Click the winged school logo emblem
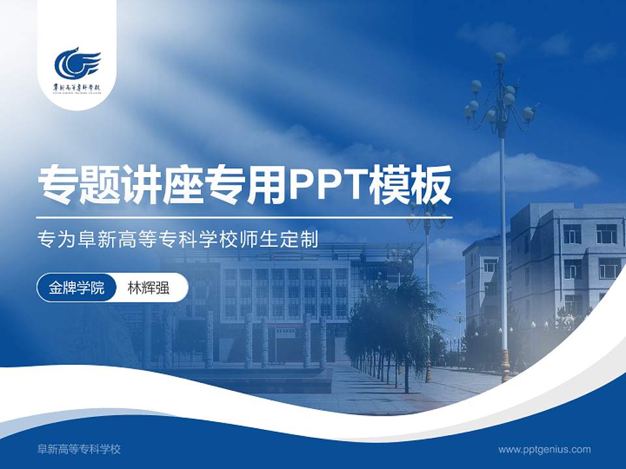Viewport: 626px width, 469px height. point(77,63)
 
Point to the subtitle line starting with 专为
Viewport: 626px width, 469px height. point(178,240)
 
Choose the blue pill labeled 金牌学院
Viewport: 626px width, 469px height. point(76,288)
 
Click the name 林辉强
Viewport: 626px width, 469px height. point(149,288)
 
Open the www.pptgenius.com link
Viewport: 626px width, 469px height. point(544,449)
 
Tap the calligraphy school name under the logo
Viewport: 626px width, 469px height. point(77,87)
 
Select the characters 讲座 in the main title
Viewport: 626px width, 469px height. point(162,184)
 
